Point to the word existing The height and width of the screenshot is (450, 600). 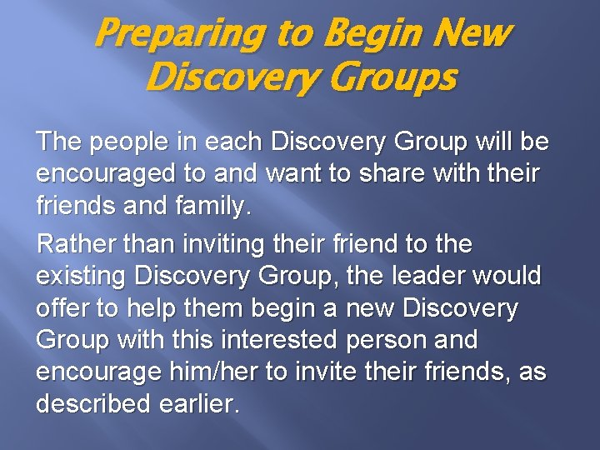point(82,277)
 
